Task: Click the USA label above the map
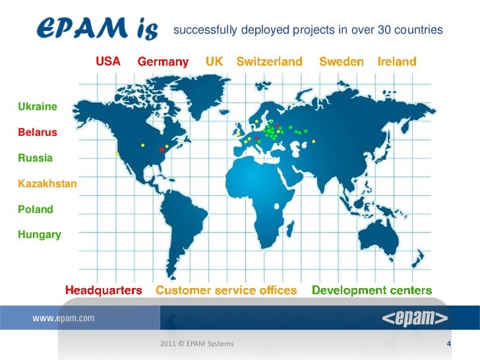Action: pos(108,61)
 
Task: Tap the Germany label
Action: pos(163,62)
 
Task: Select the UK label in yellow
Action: pos(214,61)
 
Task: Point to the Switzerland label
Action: pos(269,61)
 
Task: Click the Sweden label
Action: pos(341,61)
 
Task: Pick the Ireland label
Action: pos(397,61)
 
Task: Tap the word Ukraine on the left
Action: pos(38,106)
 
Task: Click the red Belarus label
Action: pos(38,133)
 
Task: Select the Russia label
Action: pos(36,158)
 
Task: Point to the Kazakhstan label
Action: pos(47,183)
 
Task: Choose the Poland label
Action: pos(36,209)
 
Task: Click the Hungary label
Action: pos(40,234)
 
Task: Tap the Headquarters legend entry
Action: pos(104,290)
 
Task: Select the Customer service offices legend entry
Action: pos(226,290)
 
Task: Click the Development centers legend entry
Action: pos(372,290)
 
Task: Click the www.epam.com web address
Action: pos(63,318)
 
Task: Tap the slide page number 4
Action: pos(448,344)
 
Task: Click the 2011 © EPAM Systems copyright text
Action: pos(196,344)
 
